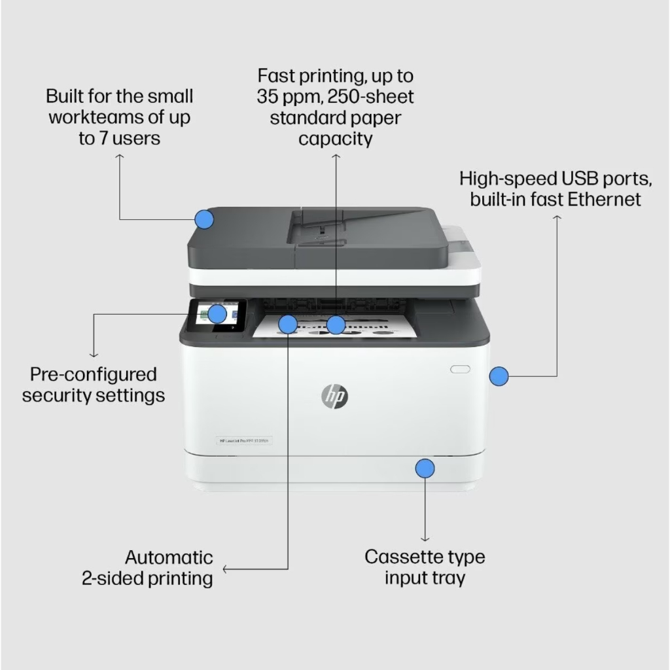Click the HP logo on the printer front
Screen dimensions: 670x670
point(334,395)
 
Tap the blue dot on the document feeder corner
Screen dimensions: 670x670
point(205,219)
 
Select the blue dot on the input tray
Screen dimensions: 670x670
point(425,468)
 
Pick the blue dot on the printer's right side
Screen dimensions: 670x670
point(499,376)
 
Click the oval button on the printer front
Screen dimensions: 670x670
point(460,369)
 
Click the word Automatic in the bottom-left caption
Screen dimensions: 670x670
point(169,557)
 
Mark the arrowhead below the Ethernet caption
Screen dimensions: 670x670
point(557,215)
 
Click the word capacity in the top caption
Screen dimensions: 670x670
point(336,139)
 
